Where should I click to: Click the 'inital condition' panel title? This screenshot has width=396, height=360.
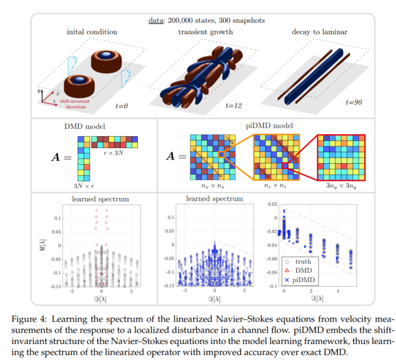click(x=92, y=32)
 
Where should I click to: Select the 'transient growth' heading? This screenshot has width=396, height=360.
click(x=205, y=32)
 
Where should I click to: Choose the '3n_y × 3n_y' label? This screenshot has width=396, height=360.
click(x=341, y=186)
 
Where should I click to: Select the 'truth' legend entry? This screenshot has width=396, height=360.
click(x=304, y=262)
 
